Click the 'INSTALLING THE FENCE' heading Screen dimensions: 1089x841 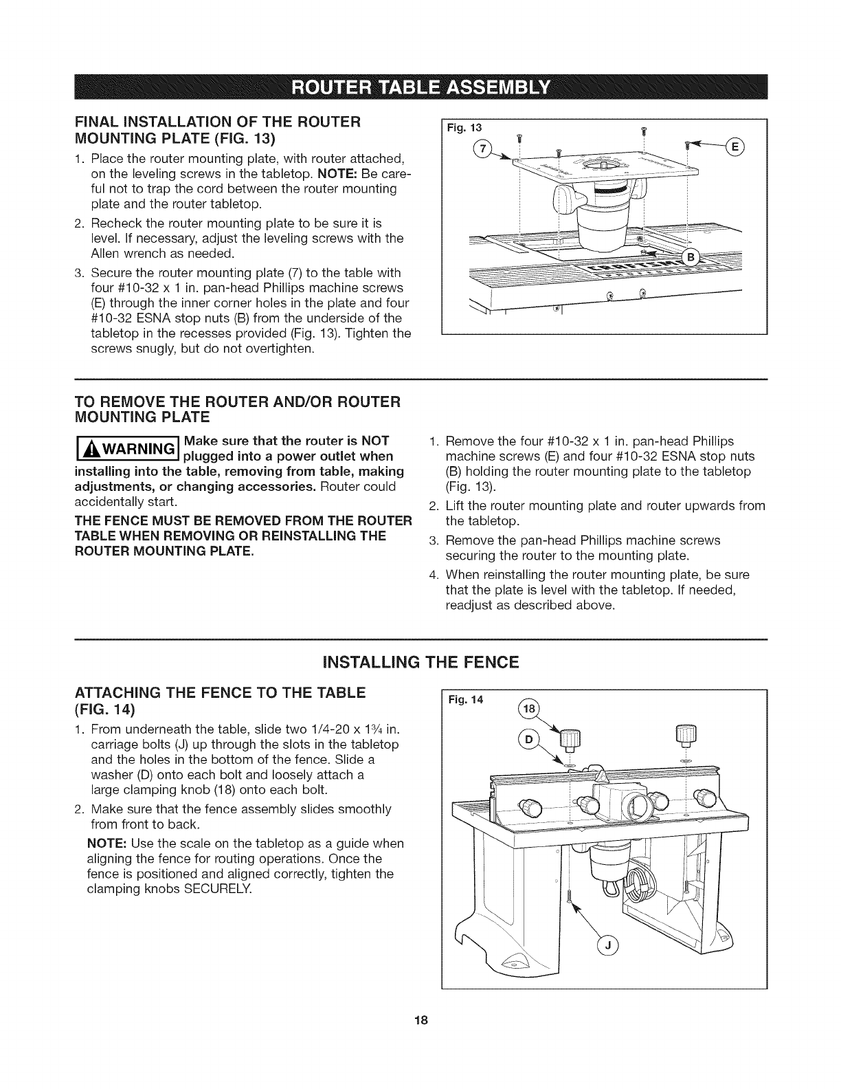pos(420,663)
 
